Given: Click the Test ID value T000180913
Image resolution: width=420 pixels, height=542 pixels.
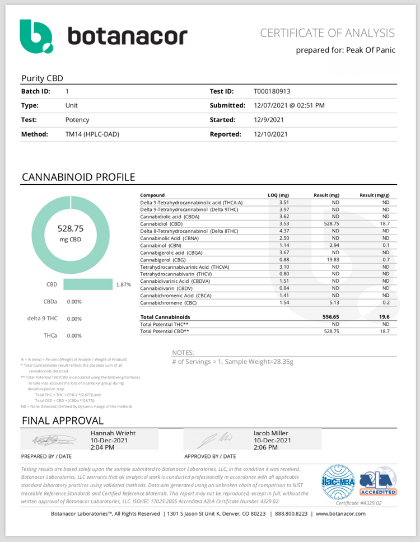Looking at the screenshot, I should (x=272, y=91).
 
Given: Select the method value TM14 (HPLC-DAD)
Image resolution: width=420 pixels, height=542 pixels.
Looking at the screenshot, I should (x=92, y=134).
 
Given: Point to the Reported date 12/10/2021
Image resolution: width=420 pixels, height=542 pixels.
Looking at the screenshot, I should (x=270, y=134).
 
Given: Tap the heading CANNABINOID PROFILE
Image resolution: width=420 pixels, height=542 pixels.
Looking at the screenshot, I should (x=78, y=177).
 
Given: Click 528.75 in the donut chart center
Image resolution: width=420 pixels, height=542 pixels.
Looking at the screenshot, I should (x=70, y=228).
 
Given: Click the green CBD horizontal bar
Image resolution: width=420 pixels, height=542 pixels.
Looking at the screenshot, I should (x=88, y=284).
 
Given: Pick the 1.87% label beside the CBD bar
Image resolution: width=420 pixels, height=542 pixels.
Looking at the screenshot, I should (x=123, y=284).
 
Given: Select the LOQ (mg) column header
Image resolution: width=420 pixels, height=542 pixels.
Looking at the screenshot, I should (x=278, y=195).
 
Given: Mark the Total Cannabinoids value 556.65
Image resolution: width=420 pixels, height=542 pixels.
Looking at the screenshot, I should (x=332, y=317).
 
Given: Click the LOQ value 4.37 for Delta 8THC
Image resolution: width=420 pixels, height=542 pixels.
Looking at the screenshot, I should (x=284, y=231).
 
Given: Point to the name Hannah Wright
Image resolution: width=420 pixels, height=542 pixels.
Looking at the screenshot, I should (x=113, y=433).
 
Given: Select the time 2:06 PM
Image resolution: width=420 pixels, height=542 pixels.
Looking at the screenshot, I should (x=267, y=447).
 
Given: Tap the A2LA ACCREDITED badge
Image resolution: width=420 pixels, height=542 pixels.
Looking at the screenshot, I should (x=378, y=482).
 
